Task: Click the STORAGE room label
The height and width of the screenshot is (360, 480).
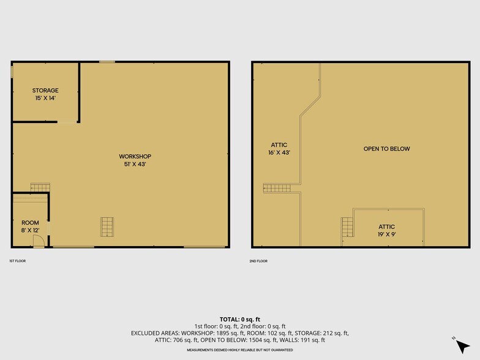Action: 45,91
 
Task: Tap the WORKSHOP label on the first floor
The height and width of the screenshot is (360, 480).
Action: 135,156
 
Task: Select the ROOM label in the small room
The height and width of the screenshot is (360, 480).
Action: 30,223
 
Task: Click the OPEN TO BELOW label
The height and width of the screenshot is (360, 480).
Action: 386,149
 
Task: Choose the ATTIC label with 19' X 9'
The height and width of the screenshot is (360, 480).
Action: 386,227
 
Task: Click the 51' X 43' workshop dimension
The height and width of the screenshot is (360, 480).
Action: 135,164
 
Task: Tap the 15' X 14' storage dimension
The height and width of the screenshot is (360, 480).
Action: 45,98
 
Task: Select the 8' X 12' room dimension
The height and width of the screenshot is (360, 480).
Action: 30,230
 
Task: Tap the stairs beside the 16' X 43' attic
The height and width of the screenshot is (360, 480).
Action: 272,188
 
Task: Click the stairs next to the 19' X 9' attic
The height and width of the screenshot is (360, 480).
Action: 348,227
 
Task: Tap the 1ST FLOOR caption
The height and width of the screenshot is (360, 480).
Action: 17,261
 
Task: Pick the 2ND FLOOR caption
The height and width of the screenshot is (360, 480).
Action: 259,261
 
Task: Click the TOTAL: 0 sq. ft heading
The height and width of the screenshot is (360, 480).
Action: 239,320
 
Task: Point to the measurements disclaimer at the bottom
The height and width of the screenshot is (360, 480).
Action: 239,350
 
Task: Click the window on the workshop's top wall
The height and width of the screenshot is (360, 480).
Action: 107,61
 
